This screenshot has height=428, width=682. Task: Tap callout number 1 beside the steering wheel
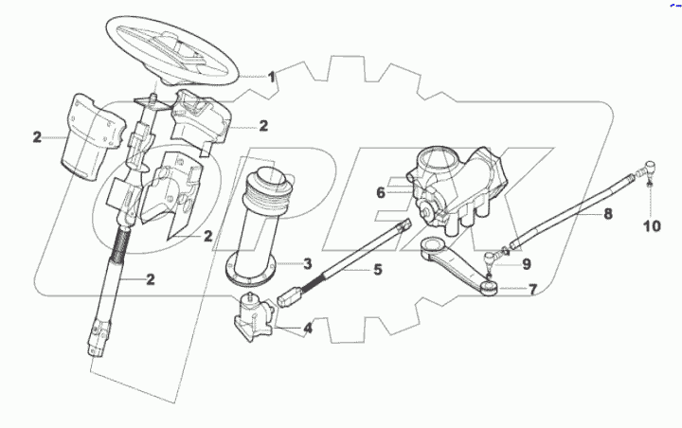(272, 77)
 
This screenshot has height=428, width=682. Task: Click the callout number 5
(377, 270)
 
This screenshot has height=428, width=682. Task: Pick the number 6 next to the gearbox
(380, 192)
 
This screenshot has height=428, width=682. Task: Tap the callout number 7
(533, 289)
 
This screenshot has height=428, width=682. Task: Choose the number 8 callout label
(608, 215)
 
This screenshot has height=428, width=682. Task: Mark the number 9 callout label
(527, 264)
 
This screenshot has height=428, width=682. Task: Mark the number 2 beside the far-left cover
(37, 137)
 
